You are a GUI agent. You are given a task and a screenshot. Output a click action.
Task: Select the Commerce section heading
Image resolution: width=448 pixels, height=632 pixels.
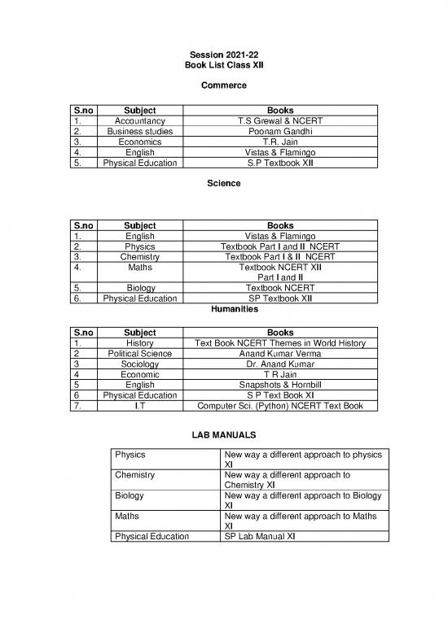pyautogui.click(x=223, y=85)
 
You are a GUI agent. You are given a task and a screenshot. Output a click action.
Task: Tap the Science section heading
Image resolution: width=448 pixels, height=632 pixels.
pyautogui.click(x=223, y=184)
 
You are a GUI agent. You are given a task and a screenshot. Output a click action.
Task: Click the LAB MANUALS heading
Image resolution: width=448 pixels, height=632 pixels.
pyautogui.click(x=223, y=437)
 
